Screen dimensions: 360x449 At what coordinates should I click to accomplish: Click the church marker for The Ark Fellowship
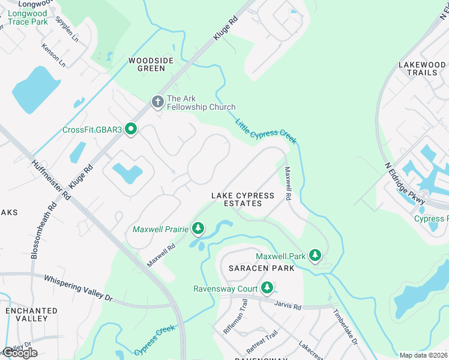coord(157,101)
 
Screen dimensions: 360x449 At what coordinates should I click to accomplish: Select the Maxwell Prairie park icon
coord(198,229)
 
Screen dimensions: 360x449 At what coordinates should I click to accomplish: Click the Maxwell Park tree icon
coord(314,256)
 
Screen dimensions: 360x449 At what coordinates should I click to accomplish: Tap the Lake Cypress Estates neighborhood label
coord(243,200)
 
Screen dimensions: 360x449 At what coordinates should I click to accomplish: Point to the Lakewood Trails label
coord(422,68)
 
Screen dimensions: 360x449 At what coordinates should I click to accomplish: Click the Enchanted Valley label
coord(32,314)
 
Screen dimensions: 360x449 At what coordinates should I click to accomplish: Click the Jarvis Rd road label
coord(289,306)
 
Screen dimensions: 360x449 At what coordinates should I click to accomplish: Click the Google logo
coord(20,352)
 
